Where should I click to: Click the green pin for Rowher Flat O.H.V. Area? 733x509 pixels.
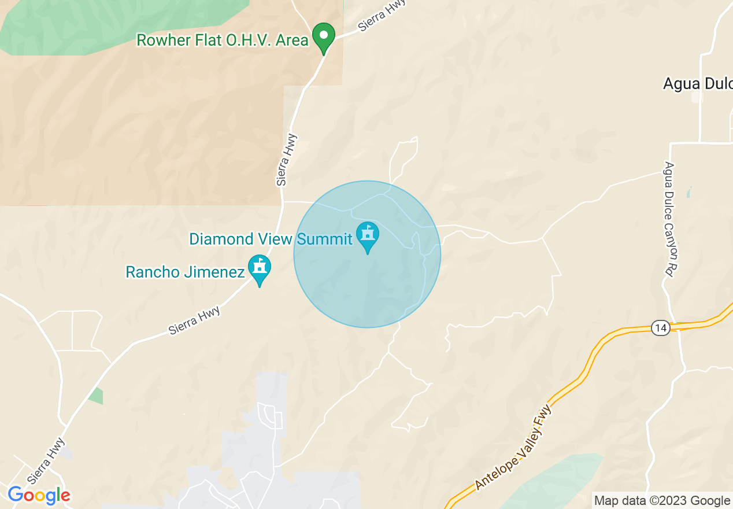[324, 36]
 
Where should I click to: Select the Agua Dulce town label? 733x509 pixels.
[697, 84]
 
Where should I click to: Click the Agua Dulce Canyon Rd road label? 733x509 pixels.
[670, 219]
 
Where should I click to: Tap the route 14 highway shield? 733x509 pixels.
[660, 329]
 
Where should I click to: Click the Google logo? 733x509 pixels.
[39, 495]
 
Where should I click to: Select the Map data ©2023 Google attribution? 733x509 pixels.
[662, 501]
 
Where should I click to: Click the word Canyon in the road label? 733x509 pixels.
[670, 232]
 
